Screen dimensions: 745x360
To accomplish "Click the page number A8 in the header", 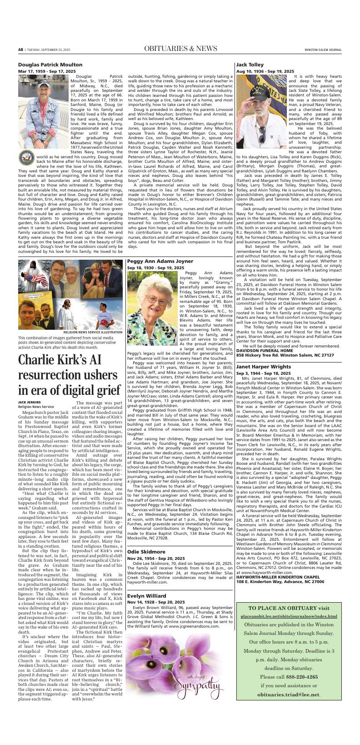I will click(20, 49).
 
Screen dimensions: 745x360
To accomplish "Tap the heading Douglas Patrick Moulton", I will click(50, 65).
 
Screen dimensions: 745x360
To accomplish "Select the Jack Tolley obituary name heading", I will click(250, 65).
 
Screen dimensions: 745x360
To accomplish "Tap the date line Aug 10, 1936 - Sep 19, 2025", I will click(265, 71).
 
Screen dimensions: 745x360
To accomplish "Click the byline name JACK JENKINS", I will click(30, 402).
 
